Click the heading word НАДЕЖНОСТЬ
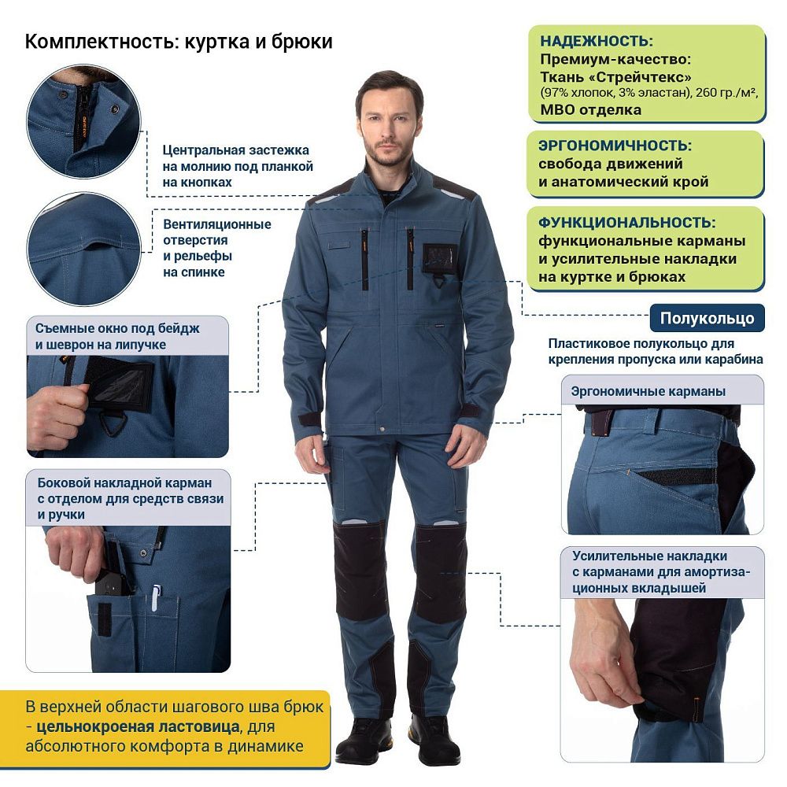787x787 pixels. (x=596, y=42)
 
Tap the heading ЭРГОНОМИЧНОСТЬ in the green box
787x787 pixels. (x=615, y=146)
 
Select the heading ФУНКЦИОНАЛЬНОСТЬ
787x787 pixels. (x=627, y=223)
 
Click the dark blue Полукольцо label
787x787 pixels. (x=707, y=318)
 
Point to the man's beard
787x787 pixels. (x=387, y=153)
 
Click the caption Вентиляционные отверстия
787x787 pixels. (x=216, y=224)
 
